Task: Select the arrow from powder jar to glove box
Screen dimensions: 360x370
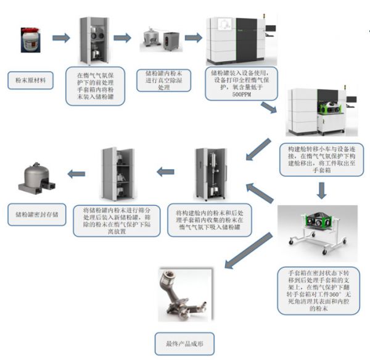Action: [60, 38]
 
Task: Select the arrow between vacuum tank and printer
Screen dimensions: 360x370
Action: [194, 38]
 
